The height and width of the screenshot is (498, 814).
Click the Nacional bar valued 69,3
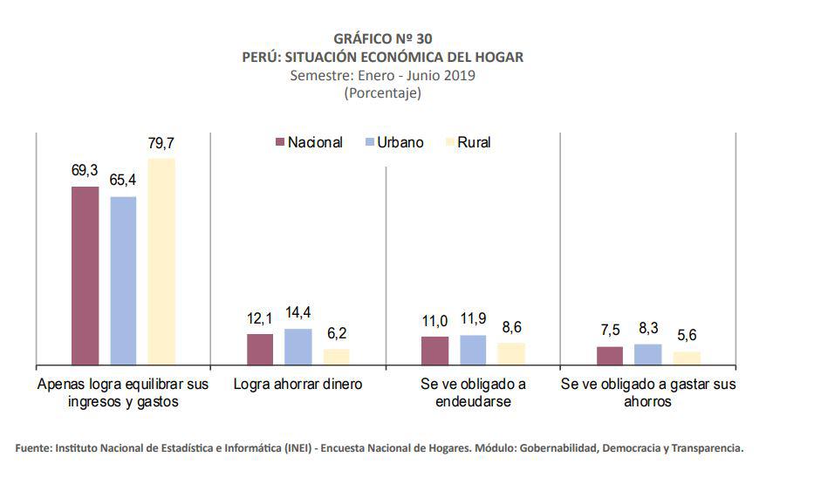point(86,275)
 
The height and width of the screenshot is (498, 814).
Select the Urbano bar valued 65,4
point(123,280)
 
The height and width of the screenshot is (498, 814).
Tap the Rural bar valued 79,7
point(161,261)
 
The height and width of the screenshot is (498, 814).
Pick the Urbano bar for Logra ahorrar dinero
point(298,346)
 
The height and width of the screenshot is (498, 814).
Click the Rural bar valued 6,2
point(337,356)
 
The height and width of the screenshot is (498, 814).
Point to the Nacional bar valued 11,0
point(434,350)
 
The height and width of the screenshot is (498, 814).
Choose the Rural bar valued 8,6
point(511,353)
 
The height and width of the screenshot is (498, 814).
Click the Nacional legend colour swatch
point(280,142)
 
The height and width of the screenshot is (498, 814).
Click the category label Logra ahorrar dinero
point(298,384)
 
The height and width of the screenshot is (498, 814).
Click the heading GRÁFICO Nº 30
point(382,38)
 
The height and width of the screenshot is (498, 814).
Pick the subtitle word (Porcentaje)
point(382,92)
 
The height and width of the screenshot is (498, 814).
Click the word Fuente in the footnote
point(34,448)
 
